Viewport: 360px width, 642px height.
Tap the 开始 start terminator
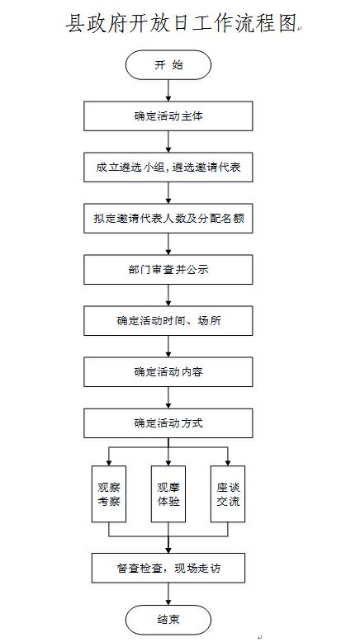click(168, 64)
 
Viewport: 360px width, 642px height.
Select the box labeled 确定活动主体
click(168, 116)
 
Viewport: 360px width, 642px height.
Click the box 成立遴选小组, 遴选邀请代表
click(168, 167)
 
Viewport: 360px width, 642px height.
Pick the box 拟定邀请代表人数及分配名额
click(168, 218)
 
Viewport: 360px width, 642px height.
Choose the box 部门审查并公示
click(168, 269)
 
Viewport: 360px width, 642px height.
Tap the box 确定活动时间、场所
click(168, 321)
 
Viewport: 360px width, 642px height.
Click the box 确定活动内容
click(168, 372)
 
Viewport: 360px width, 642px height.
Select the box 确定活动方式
click(168, 423)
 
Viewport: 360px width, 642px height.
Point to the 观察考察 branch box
click(109, 493)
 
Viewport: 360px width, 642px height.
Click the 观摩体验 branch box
click(168, 493)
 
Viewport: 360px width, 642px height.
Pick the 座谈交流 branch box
click(228, 493)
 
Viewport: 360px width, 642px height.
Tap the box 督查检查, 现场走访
click(168, 568)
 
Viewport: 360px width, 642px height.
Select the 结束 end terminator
click(168, 620)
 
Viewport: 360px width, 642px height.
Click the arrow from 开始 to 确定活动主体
click(168, 91)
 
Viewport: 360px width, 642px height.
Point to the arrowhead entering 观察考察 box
click(109, 463)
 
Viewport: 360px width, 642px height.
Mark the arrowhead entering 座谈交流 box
click(228, 463)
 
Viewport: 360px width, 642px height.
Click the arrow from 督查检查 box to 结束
click(168, 594)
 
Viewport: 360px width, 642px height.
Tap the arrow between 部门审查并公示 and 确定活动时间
click(168, 295)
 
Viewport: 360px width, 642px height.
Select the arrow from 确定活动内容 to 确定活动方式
click(168, 398)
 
